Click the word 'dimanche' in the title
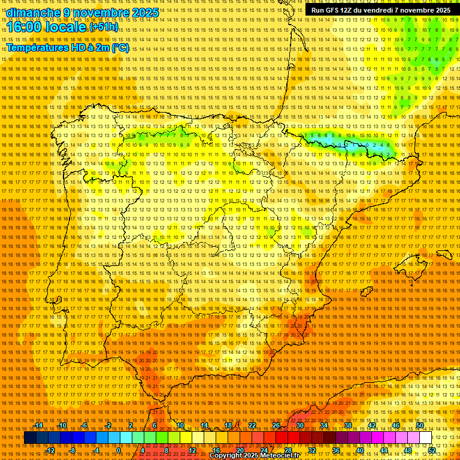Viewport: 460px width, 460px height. (34, 13)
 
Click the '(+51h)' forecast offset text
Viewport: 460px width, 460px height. (104, 28)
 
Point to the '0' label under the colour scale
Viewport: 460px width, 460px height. (119, 450)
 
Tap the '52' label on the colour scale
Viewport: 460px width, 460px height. (431, 450)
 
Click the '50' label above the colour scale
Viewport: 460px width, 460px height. (420, 425)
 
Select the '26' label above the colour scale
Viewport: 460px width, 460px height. (276, 425)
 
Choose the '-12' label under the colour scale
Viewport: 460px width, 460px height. (50, 450)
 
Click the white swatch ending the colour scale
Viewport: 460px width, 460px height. (425, 438)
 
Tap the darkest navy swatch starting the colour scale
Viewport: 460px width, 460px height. (30, 438)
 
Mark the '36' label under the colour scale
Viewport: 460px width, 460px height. (335, 450)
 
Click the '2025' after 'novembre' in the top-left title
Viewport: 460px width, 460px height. (146, 13)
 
